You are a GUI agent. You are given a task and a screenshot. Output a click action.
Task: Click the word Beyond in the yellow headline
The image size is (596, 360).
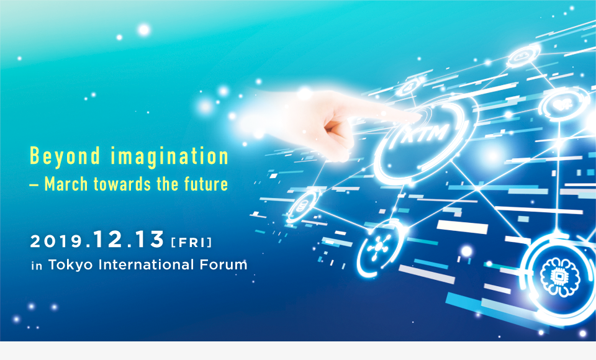coord(65,156)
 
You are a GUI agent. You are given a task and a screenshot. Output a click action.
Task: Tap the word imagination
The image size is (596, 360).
coord(169,156)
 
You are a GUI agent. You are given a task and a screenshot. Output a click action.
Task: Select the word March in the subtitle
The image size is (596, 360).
coord(66,184)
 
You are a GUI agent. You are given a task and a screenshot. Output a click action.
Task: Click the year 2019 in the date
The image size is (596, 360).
coord(56,241)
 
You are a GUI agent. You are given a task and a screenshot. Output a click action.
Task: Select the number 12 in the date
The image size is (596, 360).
coord(107,239)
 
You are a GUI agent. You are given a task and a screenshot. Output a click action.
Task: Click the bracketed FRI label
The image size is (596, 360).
coord(192,243)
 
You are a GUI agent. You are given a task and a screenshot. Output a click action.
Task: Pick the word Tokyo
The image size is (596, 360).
coord(70,265)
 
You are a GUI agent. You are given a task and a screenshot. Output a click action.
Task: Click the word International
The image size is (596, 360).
coord(147,264)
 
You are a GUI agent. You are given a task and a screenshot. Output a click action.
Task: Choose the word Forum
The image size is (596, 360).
coord(223,264)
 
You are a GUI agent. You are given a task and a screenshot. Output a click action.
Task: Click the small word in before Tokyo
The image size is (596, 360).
coord(37,266)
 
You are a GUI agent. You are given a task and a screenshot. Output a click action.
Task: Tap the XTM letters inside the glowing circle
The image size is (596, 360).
coord(425,134)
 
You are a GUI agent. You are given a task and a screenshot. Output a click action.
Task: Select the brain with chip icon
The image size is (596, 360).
coord(559,276)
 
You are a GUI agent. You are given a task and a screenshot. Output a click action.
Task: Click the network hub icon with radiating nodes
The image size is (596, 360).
coord(378,248)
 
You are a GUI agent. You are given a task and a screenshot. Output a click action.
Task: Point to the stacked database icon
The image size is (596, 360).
coord(302,205)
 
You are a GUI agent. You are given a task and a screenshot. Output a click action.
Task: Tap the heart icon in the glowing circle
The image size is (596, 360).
coord(562,104)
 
